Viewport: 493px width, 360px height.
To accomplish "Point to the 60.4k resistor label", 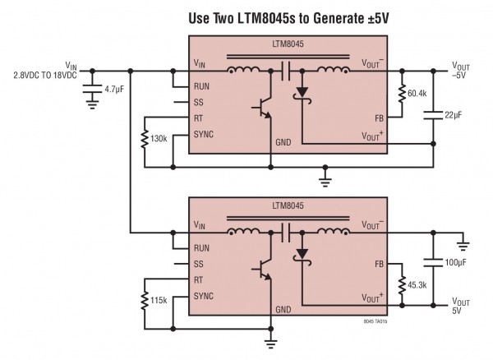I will (417, 95).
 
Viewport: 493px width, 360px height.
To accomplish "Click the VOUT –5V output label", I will (462, 72).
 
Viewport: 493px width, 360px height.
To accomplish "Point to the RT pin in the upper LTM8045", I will (199, 117).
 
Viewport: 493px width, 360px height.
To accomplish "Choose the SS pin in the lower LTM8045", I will (199, 263).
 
